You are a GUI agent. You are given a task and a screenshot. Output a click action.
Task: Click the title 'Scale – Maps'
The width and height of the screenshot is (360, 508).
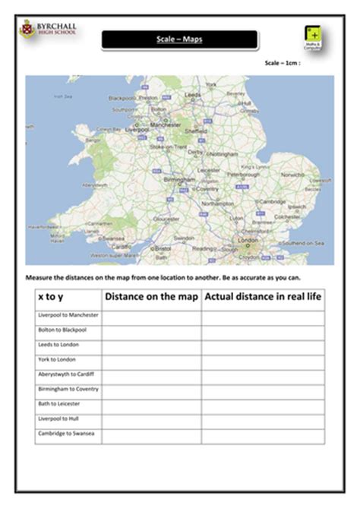click(179, 39)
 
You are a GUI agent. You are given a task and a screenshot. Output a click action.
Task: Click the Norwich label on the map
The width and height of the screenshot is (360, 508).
click(292, 174)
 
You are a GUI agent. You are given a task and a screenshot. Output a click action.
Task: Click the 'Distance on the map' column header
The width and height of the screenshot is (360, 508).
click(151, 297)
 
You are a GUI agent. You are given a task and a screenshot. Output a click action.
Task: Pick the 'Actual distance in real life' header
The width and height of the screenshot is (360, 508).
click(263, 297)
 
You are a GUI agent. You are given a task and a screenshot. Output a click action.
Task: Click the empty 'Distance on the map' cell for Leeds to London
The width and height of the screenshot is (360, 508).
click(151, 344)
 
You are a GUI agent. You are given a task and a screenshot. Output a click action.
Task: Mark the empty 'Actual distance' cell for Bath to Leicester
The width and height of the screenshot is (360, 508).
click(263, 403)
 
